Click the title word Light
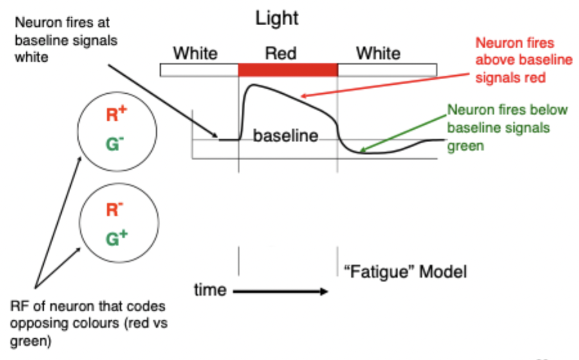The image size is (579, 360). coord(277,19)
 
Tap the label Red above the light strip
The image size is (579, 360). coord(281,53)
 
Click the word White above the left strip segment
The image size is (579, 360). coord(196,53)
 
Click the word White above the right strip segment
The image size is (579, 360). coord(378,53)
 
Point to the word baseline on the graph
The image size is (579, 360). coord(286,136)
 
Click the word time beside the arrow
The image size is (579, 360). coord(210,290)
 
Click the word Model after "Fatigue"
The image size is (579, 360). coord(443,272)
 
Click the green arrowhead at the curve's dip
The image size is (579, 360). coord(364,152)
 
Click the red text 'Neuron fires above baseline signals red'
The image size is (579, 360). coord(522,60)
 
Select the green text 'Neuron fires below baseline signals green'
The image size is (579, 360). coord(508,127)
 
